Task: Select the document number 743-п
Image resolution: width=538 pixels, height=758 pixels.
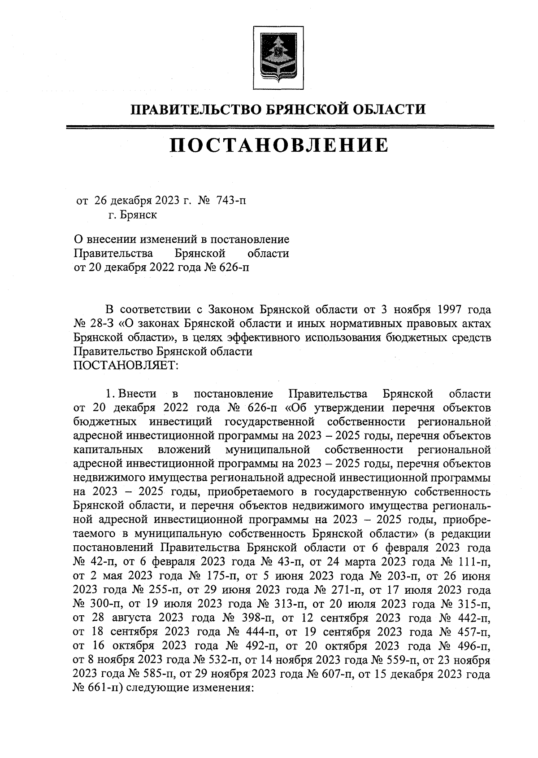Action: point(231,201)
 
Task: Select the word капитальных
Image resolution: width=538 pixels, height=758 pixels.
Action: point(108,450)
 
